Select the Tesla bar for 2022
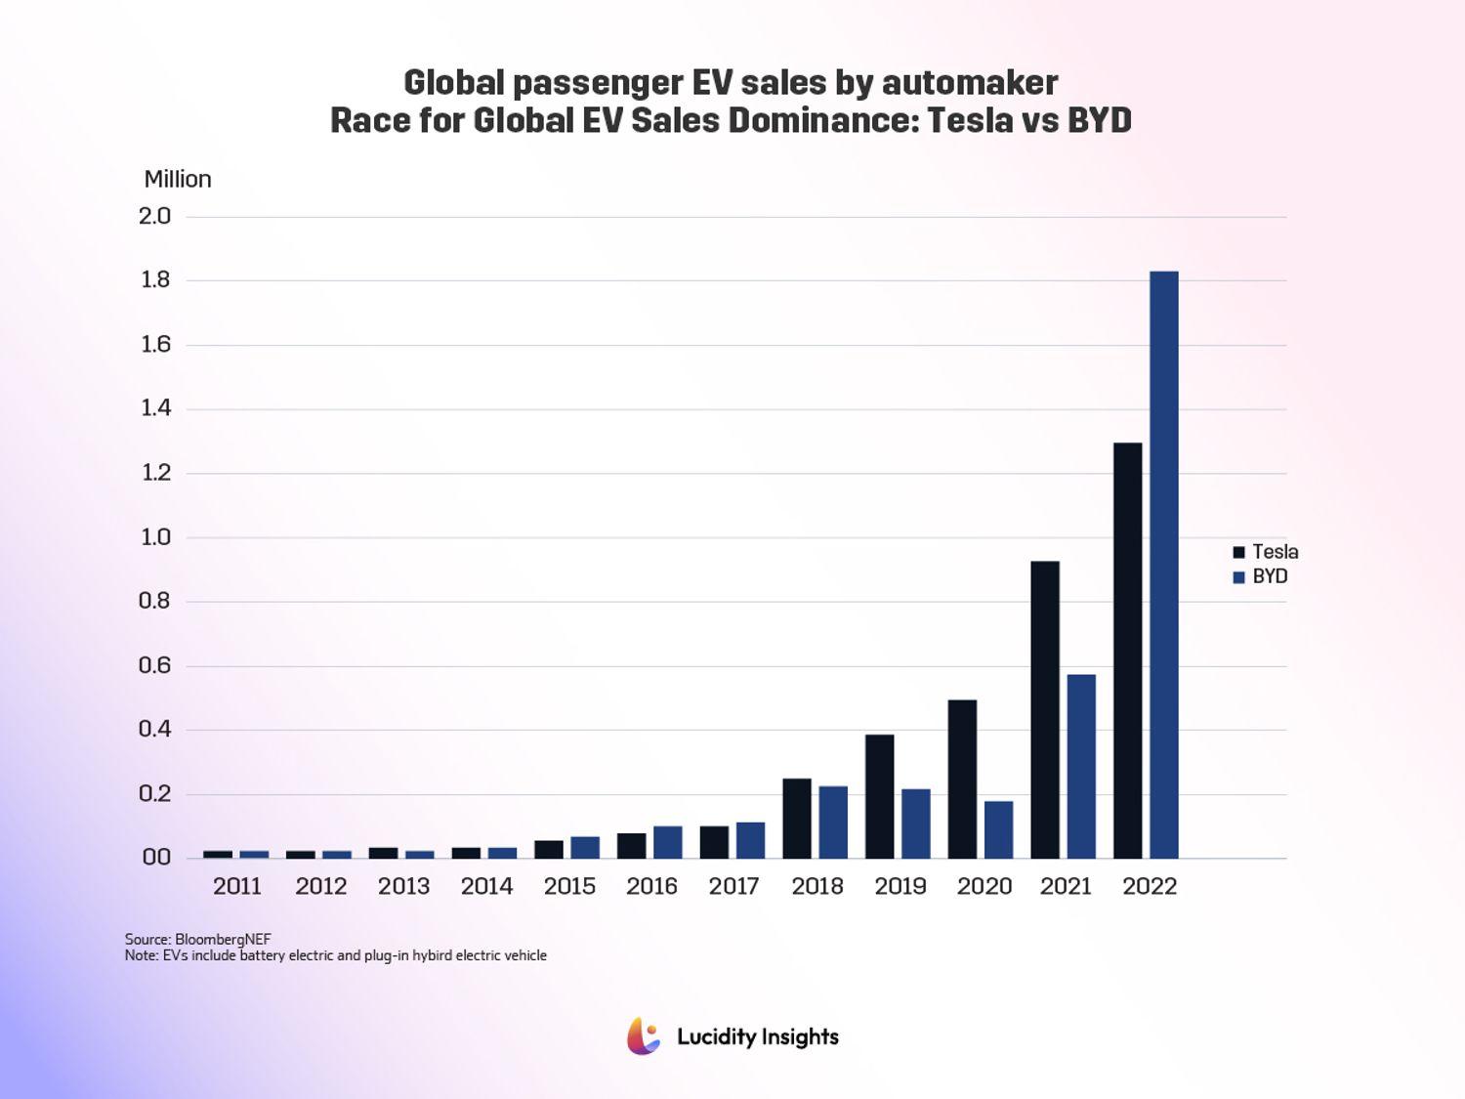point(1127,651)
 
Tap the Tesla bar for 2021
point(1044,709)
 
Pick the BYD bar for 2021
point(1081,766)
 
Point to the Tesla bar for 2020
point(962,779)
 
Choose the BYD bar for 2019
point(915,824)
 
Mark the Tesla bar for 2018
point(797,819)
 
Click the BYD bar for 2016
point(667,842)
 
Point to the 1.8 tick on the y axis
point(155,280)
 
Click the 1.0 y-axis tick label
point(155,537)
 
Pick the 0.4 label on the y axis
point(155,729)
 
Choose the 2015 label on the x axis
point(569,886)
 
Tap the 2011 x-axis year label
point(237,886)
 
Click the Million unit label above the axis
point(178,179)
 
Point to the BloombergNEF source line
point(197,939)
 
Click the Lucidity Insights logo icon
point(644,1036)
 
